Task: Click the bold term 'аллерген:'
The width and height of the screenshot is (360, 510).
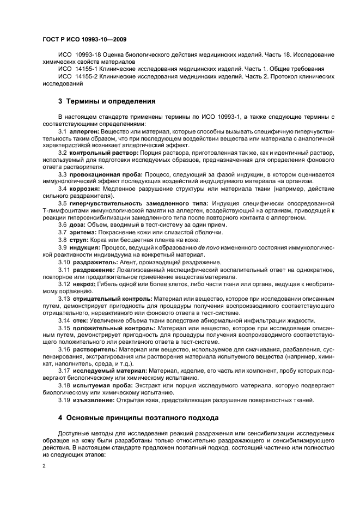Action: point(85,132)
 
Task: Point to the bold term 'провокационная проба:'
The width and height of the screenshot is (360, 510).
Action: point(106,174)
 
